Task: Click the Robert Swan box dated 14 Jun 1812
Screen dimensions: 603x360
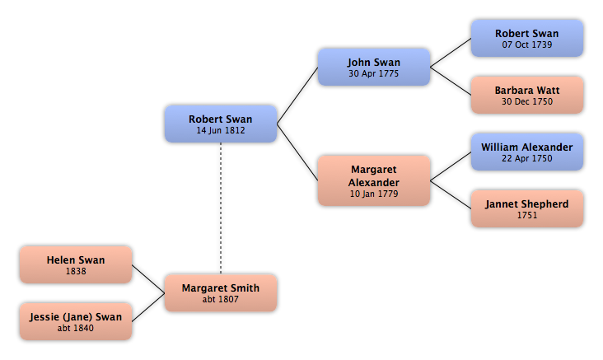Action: point(221,124)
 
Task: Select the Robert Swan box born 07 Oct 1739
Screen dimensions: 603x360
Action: point(527,39)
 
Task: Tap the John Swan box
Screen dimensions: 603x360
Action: point(374,67)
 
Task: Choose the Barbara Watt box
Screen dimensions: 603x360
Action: point(527,95)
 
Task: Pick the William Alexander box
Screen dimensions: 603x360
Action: point(527,152)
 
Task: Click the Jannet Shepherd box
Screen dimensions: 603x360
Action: point(527,208)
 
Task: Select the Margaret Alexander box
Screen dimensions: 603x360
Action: point(374,180)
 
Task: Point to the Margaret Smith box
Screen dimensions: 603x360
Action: point(221,293)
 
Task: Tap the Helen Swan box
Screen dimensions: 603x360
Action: point(76,265)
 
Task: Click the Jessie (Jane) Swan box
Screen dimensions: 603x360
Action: point(76,321)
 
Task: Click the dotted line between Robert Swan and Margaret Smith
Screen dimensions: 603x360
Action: point(221,208)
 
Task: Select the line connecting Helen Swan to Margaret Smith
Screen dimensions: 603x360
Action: point(148,279)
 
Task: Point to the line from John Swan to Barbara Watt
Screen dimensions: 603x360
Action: point(451,82)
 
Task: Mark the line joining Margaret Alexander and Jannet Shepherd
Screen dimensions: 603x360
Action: point(451,194)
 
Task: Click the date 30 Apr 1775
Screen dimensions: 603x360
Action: point(374,73)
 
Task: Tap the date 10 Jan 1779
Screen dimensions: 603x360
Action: point(374,194)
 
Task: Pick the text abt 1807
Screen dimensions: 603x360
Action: point(221,299)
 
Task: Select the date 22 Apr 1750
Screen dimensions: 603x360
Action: point(527,158)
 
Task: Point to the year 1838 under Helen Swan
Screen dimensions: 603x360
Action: point(76,271)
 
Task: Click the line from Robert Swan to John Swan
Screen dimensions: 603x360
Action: point(297,96)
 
